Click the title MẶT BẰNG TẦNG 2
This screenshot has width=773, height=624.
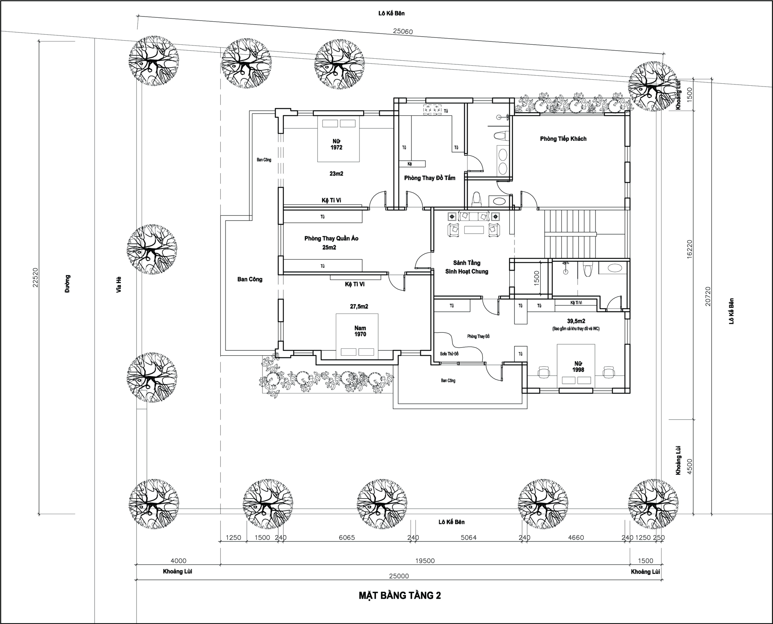point(399,595)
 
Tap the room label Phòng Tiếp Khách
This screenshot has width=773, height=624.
point(563,139)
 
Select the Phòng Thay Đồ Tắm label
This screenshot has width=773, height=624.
point(430,178)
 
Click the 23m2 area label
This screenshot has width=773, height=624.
point(336,174)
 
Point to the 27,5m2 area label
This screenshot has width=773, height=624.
point(359,307)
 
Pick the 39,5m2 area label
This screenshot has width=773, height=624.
point(576,321)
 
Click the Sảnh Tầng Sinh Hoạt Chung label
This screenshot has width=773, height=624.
point(467,267)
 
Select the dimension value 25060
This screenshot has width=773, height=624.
point(403,31)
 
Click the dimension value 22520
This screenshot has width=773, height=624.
point(35,278)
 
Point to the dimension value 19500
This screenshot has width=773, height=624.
point(425,561)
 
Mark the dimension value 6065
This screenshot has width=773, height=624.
point(347,538)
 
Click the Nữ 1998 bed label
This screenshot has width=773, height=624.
point(578,367)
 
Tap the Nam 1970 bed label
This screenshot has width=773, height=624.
point(360,331)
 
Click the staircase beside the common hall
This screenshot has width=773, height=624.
point(570,233)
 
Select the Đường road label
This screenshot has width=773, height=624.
point(67,284)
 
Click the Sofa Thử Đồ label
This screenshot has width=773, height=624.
point(449,354)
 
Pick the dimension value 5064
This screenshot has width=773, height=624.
point(469,538)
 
